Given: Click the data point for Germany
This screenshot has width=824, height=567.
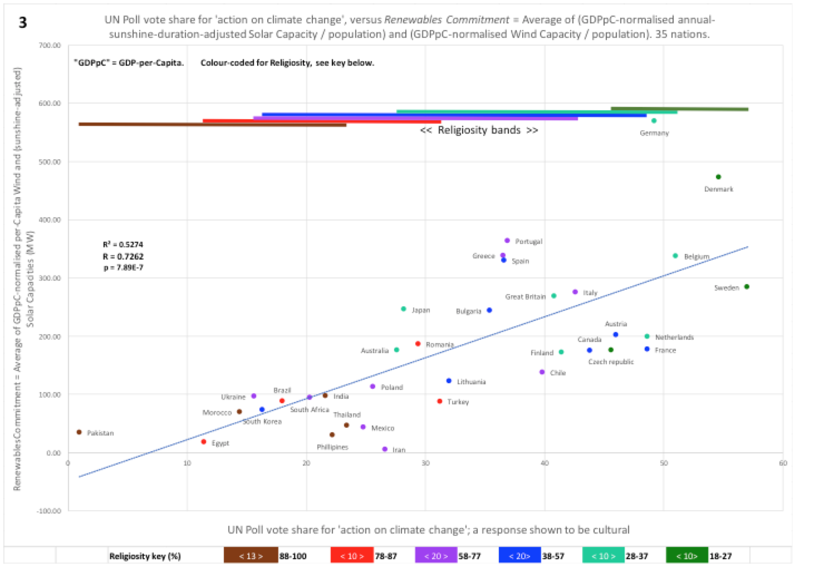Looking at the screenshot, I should [x=654, y=121].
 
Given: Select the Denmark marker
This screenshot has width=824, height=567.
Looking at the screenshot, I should [x=718, y=177].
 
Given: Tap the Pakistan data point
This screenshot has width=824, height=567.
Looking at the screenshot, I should [x=79, y=432].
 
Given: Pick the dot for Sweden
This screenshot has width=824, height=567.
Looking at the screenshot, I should [x=747, y=287].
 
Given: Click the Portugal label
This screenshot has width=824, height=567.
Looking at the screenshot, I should [x=528, y=242].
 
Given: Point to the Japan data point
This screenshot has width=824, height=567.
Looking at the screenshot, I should [x=404, y=309].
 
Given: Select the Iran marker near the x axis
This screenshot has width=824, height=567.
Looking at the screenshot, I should [x=385, y=449].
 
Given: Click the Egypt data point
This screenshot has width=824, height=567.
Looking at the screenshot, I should [x=204, y=442].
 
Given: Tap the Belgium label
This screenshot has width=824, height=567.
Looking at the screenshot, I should [x=697, y=257].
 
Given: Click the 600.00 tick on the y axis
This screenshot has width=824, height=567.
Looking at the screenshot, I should [x=50, y=104].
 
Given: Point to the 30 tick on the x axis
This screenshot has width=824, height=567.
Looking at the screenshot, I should [x=425, y=463].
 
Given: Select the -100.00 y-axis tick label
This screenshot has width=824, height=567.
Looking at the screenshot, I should [x=49, y=511].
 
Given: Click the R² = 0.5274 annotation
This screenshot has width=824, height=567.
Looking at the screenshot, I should [x=122, y=245].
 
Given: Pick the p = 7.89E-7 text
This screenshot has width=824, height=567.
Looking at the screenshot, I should [x=122, y=268].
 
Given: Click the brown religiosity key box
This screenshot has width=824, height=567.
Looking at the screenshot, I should [x=251, y=556].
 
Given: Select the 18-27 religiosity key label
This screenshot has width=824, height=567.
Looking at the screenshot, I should [x=720, y=556].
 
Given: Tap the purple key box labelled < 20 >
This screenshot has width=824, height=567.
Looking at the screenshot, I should [x=436, y=556].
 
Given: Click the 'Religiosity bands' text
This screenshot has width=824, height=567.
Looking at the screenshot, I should [x=479, y=130].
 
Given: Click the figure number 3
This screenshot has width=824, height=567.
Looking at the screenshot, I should [x=23, y=22].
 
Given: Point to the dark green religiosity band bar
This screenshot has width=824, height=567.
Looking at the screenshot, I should [x=679, y=109].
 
